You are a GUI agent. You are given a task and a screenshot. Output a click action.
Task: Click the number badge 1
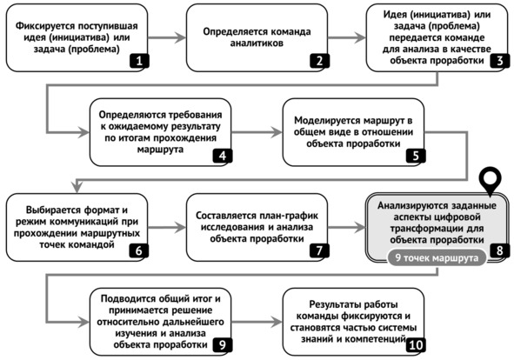(x=139, y=60)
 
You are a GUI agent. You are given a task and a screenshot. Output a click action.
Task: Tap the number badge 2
(x=319, y=60)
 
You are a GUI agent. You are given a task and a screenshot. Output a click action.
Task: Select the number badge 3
(x=499, y=60)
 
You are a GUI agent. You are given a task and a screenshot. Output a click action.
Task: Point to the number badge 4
(x=223, y=156)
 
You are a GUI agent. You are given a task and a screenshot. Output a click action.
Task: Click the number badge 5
(x=416, y=156)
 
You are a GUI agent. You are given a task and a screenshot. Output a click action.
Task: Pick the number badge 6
(x=139, y=250)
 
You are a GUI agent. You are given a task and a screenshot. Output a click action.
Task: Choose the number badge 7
(x=319, y=250)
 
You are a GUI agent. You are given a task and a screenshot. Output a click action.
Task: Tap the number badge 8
(x=499, y=250)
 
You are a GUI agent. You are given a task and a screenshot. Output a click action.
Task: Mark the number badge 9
(x=223, y=345)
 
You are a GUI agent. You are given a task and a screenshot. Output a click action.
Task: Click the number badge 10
(x=416, y=345)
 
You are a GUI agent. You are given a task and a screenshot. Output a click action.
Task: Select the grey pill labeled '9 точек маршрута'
(x=437, y=257)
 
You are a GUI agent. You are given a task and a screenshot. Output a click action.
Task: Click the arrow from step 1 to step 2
(x=167, y=37)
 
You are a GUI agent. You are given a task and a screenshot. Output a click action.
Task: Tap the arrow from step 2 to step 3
(x=347, y=37)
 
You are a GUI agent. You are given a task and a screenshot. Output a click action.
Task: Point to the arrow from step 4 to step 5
(x=257, y=132)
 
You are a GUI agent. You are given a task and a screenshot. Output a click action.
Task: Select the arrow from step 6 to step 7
(x=167, y=227)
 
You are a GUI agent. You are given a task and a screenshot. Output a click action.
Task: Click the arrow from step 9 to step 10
(x=257, y=322)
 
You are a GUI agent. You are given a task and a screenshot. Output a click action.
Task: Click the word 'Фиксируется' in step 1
(x=41, y=26)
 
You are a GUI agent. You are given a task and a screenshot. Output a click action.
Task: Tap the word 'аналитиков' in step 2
(x=257, y=43)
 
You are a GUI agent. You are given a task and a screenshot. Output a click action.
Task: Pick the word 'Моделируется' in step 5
(x=322, y=121)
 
